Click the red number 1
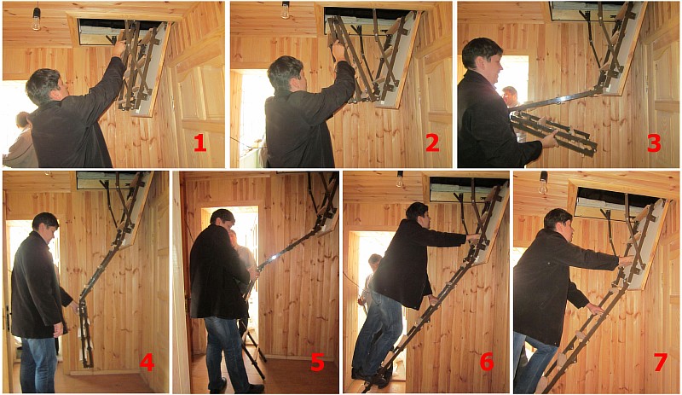(199, 142)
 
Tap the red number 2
(432, 142)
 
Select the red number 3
(654, 142)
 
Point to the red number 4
(147, 362)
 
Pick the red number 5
(317, 362)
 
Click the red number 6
(486, 362)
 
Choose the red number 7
(660, 362)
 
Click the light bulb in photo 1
(36, 19)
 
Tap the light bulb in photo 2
(285, 10)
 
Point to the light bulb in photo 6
(399, 179)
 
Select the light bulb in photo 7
(543, 183)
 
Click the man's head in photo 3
(483, 59)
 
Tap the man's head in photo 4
(46, 227)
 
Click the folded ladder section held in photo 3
(553, 133)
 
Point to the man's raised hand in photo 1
(118, 48)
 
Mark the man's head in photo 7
(558, 224)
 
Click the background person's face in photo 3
(511, 96)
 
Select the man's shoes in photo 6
(371, 377)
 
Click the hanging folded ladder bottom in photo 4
(87, 334)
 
